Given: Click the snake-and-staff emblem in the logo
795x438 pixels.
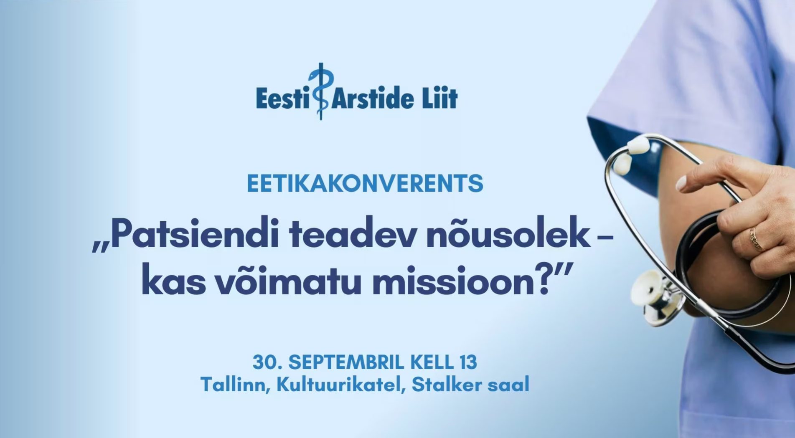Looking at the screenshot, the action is pos(320,91).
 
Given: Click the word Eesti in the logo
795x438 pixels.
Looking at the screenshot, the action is pos(282,98).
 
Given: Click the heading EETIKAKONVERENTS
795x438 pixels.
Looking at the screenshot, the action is pos(365,184).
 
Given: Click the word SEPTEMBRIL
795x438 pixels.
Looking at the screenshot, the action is pos(347,362).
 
